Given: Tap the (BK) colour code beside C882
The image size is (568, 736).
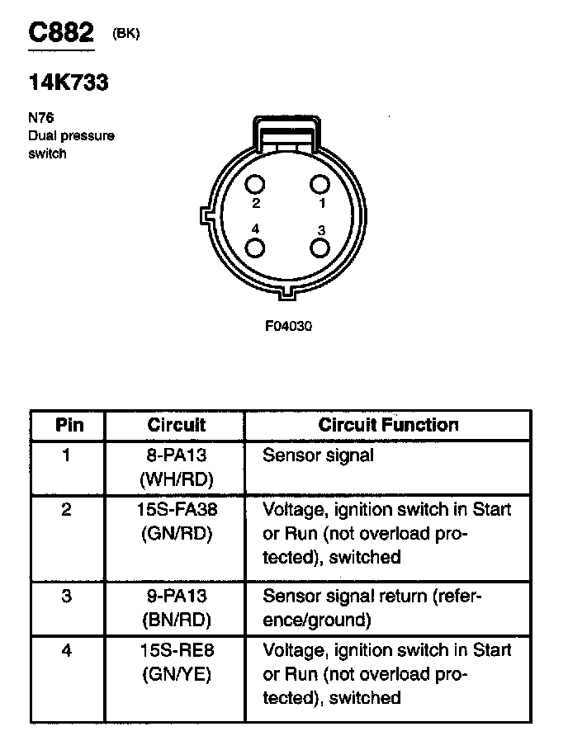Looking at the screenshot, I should (126, 33).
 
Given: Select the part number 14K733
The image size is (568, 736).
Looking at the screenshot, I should (68, 83).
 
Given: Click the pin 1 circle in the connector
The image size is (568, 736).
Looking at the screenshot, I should (321, 185).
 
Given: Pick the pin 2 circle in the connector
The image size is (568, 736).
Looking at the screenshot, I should (255, 185).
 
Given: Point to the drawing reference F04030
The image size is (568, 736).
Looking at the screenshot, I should (288, 326).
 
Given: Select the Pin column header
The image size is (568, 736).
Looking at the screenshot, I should (69, 425).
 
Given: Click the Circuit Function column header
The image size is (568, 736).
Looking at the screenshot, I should (388, 425).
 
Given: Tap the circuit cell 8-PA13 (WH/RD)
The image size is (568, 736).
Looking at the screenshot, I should (176, 467).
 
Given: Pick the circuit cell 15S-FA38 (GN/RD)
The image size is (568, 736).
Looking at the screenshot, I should (176, 521).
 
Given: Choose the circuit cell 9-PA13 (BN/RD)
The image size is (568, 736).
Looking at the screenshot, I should (176, 606).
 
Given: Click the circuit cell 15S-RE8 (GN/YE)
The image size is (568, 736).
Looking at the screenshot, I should (176, 662).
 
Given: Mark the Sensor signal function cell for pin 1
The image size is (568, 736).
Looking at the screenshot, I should (318, 455).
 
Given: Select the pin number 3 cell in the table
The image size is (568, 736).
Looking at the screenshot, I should (67, 596).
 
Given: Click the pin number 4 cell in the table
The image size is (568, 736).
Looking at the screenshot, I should (67, 651).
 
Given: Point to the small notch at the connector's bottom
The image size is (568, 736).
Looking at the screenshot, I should (288, 292).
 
